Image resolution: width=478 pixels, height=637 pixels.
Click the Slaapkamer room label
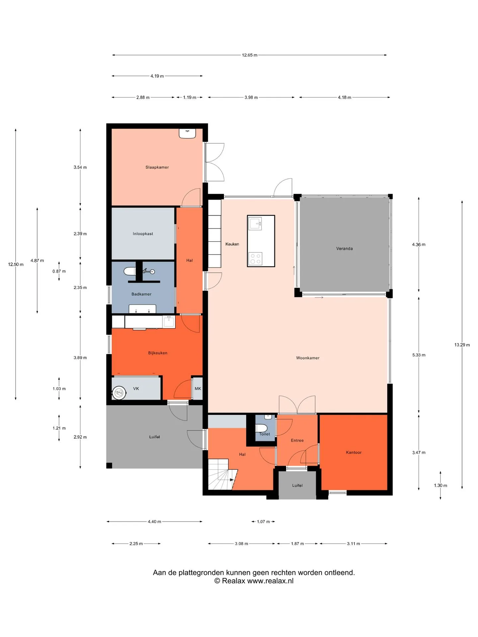pyautogui.click(x=157, y=167)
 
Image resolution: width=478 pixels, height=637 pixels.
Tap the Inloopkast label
pyautogui.click(x=143, y=234)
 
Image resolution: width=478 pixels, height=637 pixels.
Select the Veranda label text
pyautogui.click(x=345, y=248)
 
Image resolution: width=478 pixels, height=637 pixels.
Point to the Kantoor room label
pyautogui.click(x=354, y=453)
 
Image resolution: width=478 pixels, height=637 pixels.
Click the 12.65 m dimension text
pyautogui.click(x=250, y=55)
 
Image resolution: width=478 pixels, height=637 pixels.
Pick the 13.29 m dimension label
pyautogui.click(x=462, y=345)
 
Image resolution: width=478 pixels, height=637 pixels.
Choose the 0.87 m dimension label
pyautogui.click(x=59, y=271)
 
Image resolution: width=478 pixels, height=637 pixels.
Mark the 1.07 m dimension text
pyautogui.click(x=263, y=522)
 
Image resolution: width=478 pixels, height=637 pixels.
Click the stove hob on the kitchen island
pyautogui.click(x=255, y=259)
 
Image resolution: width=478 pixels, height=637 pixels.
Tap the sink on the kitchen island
pyautogui.click(x=255, y=224)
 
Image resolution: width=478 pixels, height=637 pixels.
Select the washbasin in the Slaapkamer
pyautogui.click(x=188, y=133)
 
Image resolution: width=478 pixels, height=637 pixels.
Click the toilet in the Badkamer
pyautogui.click(x=130, y=272)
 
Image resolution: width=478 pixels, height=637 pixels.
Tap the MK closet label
pyautogui.click(x=198, y=389)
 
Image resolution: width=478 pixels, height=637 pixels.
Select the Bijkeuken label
pyautogui.click(x=158, y=353)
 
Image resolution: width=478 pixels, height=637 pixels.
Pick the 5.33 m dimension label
pyautogui.click(x=419, y=355)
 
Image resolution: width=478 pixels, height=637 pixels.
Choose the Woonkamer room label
pyautogui.click(x=308, y=358)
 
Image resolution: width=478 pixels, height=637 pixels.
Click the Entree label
pyautogui.click(x=297, y=441)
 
